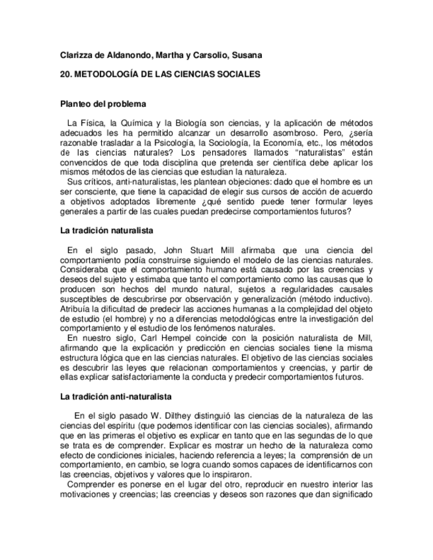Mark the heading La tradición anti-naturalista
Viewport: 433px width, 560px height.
[116, 396]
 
